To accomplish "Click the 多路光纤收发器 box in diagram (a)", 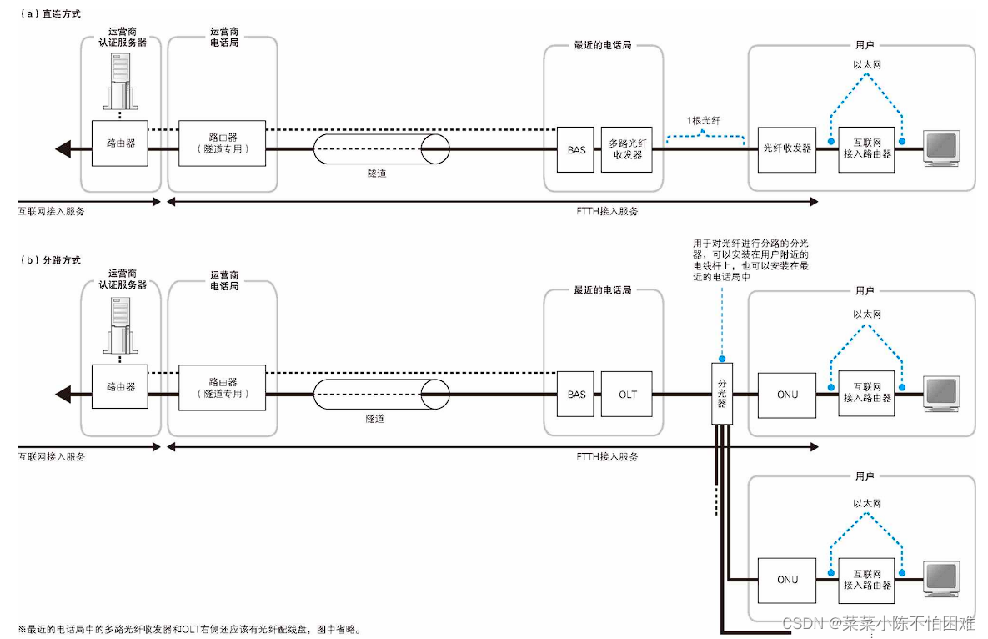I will click(x=627, y=149).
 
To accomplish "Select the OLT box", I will click(x=627, y=395).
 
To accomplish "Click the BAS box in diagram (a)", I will click(x=576, y=149).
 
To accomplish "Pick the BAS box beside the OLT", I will click(x=576, y=395).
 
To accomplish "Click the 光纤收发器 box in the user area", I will click(x=786, y=148).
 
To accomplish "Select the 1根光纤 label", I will click(x=703, y=121).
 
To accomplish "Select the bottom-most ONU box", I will click(x=787, y=580).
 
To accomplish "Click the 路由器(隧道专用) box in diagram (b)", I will click(x=222, y=388).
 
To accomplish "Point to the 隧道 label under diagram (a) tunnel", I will click(x=376, y=174).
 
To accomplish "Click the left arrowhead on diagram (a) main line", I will click(x=62, y=150).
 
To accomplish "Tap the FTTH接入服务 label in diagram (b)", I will click(x=607, y=457).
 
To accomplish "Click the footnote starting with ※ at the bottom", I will click(x=191, y=629).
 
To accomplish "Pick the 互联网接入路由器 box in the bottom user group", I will click(x=867, y=580).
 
